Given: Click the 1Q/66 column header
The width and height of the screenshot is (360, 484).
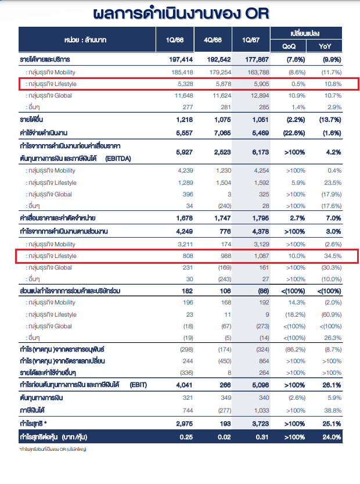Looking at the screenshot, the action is pyautogui.click(x=175, y=40).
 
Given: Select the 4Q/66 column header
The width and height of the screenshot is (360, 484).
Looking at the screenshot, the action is pyautogui.click(x=213, y=40).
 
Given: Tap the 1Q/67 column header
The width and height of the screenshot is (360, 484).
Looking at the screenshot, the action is pyautogui.click(x=251, y=40).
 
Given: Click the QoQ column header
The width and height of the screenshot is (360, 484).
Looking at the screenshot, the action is pyautogui.click(x=289, y=46).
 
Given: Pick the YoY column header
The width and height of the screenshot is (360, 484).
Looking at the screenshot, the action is pyautogui.click(x=325, y=46).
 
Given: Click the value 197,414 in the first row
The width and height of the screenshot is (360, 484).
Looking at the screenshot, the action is pyautogui.click(x=181, y=60).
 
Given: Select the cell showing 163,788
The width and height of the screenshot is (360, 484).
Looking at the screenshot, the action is pyautogui.click(x=258, y=72).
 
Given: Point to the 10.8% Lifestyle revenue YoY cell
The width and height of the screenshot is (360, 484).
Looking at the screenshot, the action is pyautogui.click(x=333, y=84).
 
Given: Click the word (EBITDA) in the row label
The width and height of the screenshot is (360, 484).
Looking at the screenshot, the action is pyautogui.click(x=118, y=159).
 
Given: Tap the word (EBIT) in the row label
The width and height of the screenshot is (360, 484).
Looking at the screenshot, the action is pyautogui.click(x=138, y=385).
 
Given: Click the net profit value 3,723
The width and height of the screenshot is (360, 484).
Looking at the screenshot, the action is pyautogui.click(x=261, y=424).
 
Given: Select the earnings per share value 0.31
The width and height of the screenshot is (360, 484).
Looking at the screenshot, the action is pyautogui.click(x=262, y=437).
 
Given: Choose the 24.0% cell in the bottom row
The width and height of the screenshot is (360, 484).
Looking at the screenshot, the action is pyautogui.click(x=332, y=437).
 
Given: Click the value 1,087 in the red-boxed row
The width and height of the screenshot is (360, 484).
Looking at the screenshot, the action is pyautogui.click(x=262, y=256).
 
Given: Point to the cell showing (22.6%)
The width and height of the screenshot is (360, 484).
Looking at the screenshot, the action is pyautogui.click(x=294, y=133).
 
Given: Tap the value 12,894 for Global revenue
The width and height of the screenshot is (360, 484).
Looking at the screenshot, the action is pyautogui.click(x=260, y=96).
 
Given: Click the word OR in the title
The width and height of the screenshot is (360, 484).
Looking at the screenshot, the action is pyautogui.click(x=257, y=14).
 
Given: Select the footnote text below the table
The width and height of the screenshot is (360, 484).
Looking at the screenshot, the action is pyautogui.click(x=53, y=450).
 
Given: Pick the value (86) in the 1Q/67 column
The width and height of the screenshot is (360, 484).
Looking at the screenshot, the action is pyautogui.click(x=264, y=291).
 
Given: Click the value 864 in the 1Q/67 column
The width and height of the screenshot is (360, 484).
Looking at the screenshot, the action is pyautogui.click(x=264, y=361).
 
